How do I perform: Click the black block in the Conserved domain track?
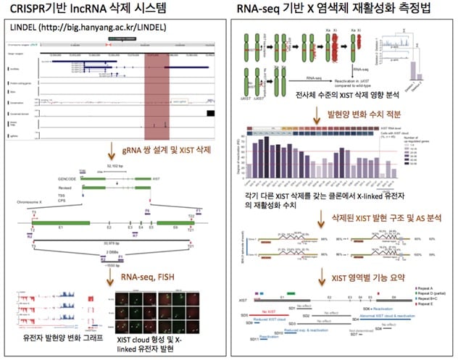[210, 112]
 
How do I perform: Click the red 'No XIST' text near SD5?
[278, 308]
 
